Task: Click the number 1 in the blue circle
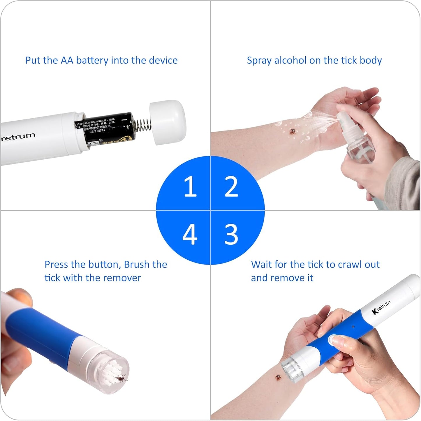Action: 190,186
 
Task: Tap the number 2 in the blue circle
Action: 231,186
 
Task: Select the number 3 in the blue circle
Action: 231,234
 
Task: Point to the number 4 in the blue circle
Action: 190,234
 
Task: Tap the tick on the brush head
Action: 121,378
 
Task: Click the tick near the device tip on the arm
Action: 278,378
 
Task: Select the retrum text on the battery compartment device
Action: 18,137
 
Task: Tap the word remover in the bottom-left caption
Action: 122,278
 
